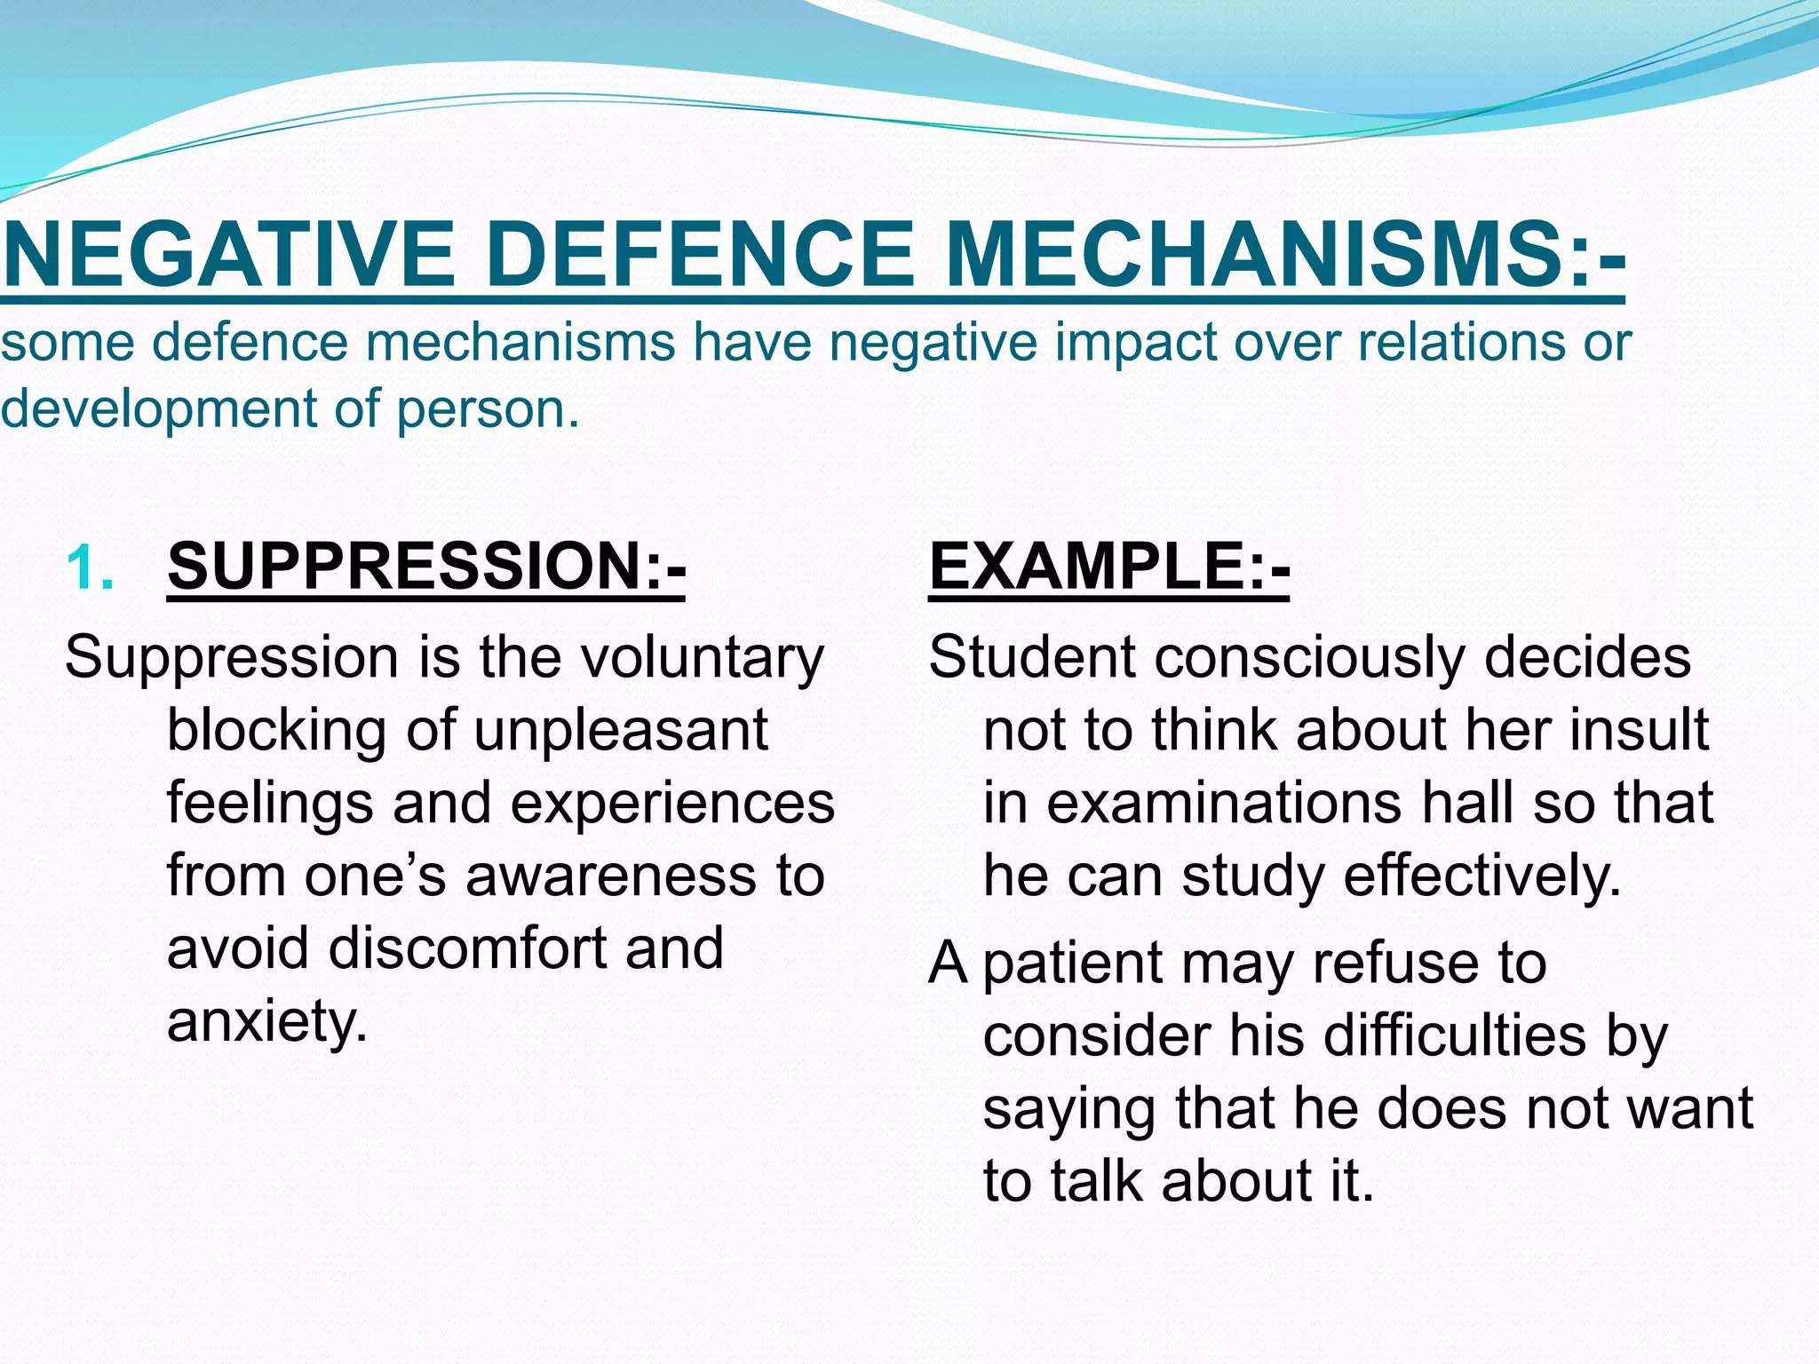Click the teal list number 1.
point(89,568)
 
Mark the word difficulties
point(1407,1036)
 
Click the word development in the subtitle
point(158,409)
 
